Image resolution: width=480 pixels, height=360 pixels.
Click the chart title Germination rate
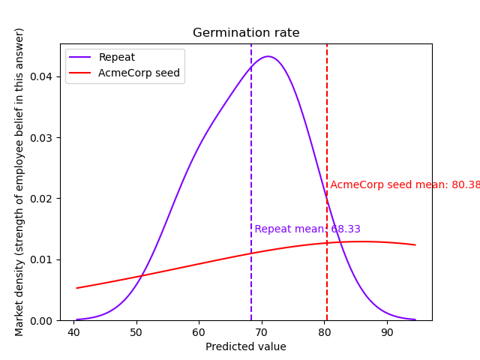(x=246, y=33)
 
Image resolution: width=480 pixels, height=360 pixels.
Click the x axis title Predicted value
(x=246, y=346)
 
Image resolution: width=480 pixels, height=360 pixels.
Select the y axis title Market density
(x=19, y=181)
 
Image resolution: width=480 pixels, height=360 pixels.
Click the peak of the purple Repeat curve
(x=268, y=56)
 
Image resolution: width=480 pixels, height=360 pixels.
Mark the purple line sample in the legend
(x=82, y=57)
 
